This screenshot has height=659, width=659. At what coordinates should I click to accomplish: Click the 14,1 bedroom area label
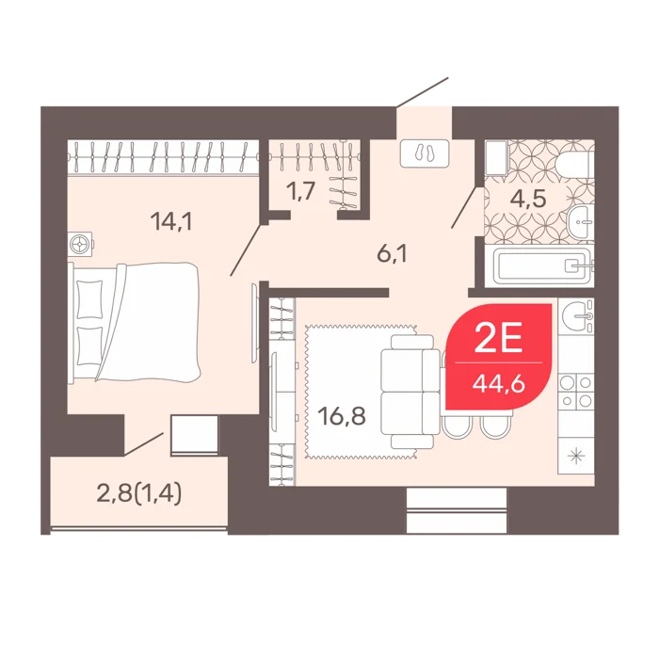coord(171,221)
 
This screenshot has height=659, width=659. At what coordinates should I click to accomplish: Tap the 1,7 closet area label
coord(300,192)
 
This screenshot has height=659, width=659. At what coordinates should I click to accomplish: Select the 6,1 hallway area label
coord(392,255)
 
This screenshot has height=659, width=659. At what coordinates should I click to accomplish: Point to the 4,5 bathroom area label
coord(528,199)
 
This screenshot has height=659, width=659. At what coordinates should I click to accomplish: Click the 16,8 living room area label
coord(341,416)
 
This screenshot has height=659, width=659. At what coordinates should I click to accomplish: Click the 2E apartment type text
coord(498,339)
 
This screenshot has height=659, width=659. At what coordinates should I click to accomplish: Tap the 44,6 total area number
coord(498,384)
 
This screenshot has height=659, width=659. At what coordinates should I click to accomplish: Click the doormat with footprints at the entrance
coord(425,153)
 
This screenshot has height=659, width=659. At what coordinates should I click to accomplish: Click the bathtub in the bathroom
coord(542,266)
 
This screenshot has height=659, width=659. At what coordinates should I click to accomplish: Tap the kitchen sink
coord(576,316)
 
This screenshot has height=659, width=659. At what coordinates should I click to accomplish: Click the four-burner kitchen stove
coord(576,391)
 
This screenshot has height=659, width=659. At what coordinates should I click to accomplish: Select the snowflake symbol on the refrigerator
coord(576,457)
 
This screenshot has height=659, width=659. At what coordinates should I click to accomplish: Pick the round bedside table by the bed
coord(81,244)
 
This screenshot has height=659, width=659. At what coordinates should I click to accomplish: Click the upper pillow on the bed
coord(89,299)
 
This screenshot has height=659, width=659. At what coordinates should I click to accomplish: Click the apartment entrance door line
coord(423,92)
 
